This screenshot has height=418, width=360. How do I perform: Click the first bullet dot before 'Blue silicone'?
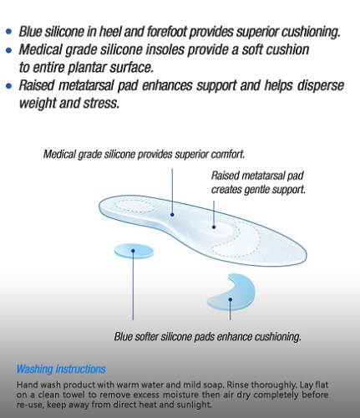point(9,31)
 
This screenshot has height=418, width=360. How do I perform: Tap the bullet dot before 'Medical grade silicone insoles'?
point(9,50)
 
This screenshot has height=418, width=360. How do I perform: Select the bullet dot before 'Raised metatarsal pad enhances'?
point(9,85)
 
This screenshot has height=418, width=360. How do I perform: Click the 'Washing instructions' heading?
point(61,369)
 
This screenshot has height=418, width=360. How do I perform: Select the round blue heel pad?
point(134,251)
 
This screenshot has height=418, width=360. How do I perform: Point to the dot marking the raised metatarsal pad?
point(214,227)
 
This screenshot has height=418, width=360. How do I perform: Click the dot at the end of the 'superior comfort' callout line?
point(172,215)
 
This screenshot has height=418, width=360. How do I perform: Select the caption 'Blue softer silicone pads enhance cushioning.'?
point(208,336)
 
